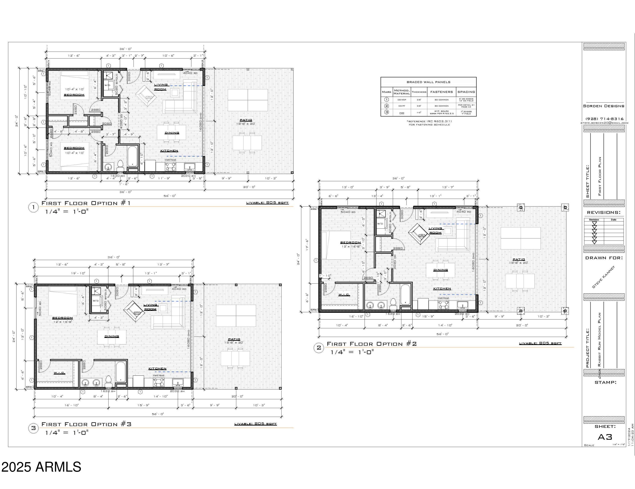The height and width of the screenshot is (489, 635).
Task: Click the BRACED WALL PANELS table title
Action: [x=428, y=82]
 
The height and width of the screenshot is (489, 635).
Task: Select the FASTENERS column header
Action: [x=441, y=92]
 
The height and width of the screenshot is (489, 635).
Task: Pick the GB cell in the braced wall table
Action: [x=402, y=113]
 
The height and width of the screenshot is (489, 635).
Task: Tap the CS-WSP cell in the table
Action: [x=402, y=100]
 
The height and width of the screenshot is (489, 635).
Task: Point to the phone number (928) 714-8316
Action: [x=604, y=119]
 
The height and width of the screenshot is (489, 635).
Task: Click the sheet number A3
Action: [x=605, y=437]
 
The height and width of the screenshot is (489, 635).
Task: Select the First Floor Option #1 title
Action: [x=86, y=203]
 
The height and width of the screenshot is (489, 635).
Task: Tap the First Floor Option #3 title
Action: [x=86, y=424]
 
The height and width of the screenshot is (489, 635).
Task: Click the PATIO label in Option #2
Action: [x=519, y=259]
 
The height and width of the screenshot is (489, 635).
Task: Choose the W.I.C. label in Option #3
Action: [x=59, y=373]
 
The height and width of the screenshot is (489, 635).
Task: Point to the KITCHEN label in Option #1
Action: [x=169, y=151]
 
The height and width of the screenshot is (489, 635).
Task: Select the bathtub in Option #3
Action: [x=121, y=372]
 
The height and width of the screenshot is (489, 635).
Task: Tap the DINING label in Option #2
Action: [x=440, y=270]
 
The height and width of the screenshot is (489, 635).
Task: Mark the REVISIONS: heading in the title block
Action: [x=603, y=213]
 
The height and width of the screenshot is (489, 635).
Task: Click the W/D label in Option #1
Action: [x=107, y=85]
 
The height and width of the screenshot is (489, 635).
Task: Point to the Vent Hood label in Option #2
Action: [x=443, y=298]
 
